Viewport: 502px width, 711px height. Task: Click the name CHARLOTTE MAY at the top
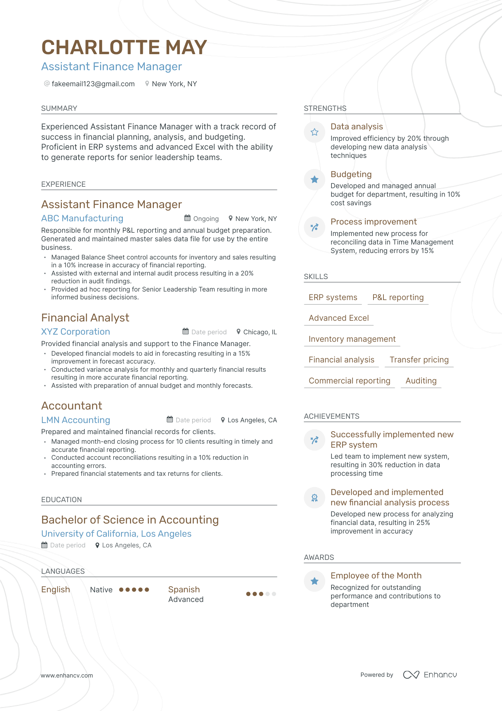tap(124, 47)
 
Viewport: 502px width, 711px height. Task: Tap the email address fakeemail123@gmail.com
tap(93, 84)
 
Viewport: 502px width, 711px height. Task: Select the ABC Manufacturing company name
tap(82, 218)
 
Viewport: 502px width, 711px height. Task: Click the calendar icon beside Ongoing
tap(187, 218)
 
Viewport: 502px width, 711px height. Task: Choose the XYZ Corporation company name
tap(75, 332)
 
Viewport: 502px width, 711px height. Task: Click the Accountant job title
tap(72, 406)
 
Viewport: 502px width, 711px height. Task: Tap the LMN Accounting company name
tap(75, 420)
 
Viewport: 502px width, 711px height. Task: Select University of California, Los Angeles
tap(116, 534)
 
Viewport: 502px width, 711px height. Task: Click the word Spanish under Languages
tap(184, 589)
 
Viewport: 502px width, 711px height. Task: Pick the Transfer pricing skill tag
tap(419, 360)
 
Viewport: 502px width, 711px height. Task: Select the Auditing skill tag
tap(421, 381)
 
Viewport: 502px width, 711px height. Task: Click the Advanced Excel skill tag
tap(339, 318)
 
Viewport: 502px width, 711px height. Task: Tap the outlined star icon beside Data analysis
tap(314, 132)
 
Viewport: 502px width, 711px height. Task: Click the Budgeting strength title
tap(351, 174)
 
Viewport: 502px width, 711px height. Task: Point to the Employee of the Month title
tap(376, 576)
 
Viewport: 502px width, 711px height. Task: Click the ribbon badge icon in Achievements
tap(314, 498)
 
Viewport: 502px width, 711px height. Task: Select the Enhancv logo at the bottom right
tap(430, 675)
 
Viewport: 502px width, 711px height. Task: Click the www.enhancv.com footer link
tap(67, 675)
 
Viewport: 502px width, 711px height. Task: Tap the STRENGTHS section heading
tap(325, 108)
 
